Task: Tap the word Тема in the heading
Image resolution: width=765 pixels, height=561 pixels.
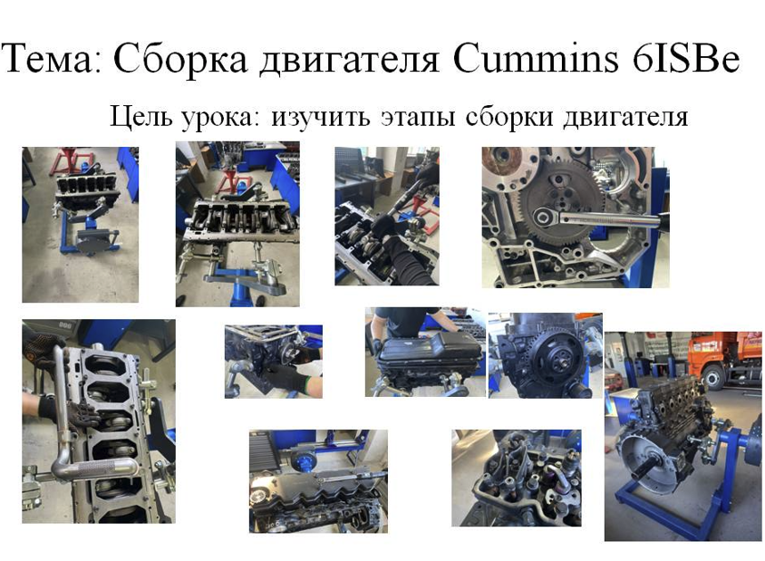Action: [46, 59]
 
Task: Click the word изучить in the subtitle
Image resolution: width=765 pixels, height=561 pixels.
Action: [321, 118]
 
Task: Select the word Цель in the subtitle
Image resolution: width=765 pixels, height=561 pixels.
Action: [140, 117]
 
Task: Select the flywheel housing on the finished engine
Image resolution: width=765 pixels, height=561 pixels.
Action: [643, 465]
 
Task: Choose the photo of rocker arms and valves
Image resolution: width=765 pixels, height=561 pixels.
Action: [516, 478]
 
